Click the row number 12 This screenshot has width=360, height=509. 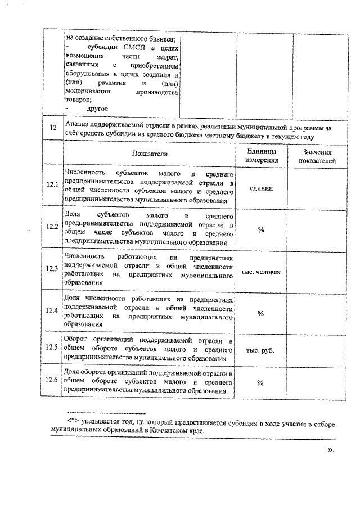pyautogui.click(x=53, y=128)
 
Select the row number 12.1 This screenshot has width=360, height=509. pyautogui.click(x=53, y=185)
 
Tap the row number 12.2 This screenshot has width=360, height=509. pyautogui.click(x=53, y=227)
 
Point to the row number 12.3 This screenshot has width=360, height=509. pyautogui.click(x=53, y=268)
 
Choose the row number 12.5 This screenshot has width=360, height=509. pyautogui.click(x=53, y=348)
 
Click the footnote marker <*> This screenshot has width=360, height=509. pyautogui.click(x=73, y=421)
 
